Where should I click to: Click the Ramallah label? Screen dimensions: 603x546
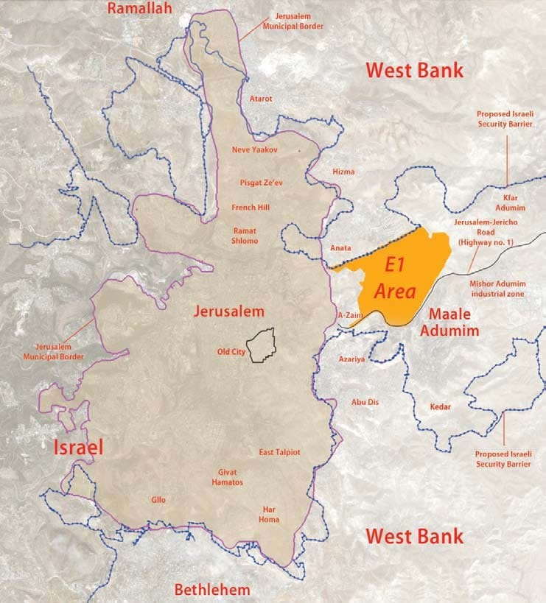[139, 9]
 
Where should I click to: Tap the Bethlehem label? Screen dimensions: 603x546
[211, 589]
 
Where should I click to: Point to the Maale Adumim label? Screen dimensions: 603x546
[449, 322]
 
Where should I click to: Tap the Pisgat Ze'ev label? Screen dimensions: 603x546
[259, 180]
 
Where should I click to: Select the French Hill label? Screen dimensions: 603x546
[251, 208]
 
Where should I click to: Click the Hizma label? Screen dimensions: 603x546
[343, 172]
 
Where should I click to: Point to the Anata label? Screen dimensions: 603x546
[341, 248]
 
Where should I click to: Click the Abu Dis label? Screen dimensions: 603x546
[365, 402]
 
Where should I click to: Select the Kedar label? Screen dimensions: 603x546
[440, 406]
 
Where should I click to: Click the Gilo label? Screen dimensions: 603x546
[158, 500]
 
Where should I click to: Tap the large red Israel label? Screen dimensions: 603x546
[77, 447]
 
